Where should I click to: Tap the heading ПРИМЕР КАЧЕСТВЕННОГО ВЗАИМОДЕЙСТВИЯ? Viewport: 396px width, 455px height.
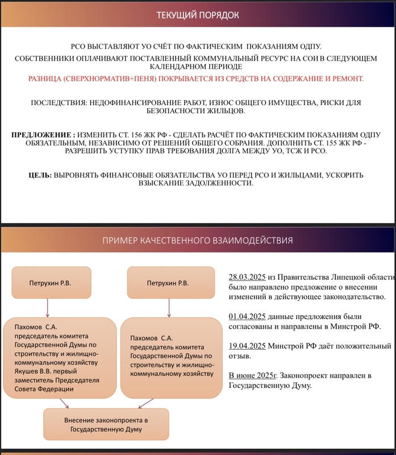click(198, 241)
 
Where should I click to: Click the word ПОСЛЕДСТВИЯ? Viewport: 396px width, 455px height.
click(60, 103)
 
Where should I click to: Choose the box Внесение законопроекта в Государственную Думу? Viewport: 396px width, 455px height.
click(106, 424)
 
